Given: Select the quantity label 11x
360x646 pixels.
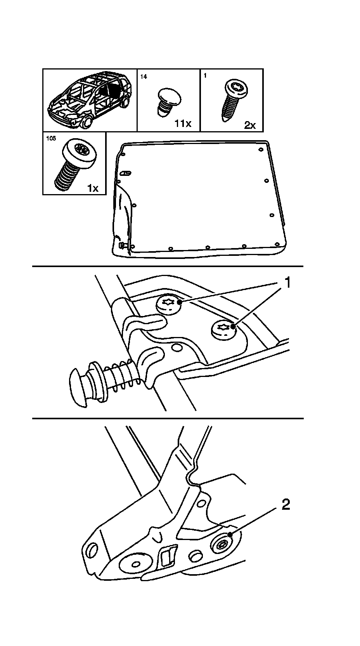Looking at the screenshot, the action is pyautogui.click(x=183, y=123).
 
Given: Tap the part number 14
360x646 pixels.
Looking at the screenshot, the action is pyautogui.click(x=144, y=76).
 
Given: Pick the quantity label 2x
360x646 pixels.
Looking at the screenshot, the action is pyautogui.click(x=250, y=125).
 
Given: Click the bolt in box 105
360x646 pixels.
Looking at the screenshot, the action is pyautogui.click(x=76, y=165).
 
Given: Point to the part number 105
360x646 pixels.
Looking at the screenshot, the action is pyautogui.click(x=51, y=139).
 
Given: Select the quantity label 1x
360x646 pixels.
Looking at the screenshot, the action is pyautogui.click(x=93, y=188).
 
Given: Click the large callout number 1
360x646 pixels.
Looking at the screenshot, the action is pyautogui.click(x=287, y=283).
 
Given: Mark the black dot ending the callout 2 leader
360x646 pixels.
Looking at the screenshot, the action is pyautogui.click(x=230, y=535).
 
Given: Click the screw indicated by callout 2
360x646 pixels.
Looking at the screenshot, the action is pyautogui.click(x=222, y=545).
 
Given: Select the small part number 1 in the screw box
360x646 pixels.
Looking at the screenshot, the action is pyautogui.click(x=205, y=76).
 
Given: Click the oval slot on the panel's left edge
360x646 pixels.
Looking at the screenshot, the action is pyautogui.click(x=126, y=173).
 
